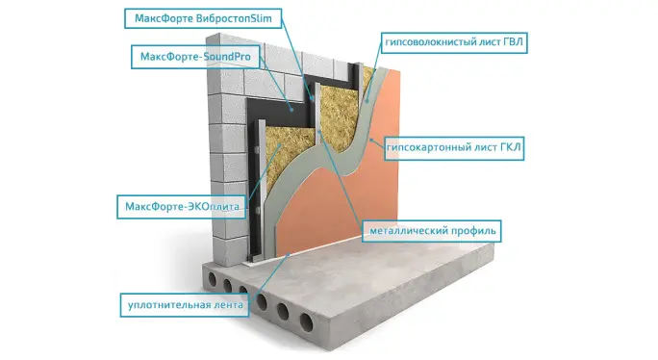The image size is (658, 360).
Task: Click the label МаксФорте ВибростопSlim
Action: click(203, 18)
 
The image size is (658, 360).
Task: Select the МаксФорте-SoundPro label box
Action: click(195, 57)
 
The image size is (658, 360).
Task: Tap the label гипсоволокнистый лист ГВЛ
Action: click(454, 42)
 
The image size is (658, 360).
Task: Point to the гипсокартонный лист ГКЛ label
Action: click(454, 148)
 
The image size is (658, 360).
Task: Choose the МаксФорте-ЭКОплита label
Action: click(181, 207)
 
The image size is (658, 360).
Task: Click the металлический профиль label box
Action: click(432, 231)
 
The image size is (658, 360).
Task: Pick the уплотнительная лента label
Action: click(185, 305)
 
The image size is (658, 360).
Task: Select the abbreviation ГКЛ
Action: click(510, 147)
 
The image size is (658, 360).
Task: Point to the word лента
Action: click(229, 305)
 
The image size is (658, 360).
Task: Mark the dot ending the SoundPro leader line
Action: click(291, 109)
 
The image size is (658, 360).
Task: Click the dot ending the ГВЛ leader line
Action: click(367, 101)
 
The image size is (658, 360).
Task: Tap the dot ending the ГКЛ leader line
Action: click(371, 140)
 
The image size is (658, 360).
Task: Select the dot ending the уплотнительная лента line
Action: click(289, 254)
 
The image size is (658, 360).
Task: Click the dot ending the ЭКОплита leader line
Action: click(279, 145)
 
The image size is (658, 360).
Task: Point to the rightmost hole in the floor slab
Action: click(306, 321)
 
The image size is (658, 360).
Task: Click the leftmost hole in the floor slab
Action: click(213, 278)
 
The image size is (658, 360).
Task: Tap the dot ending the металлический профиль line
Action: click(318, 132)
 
